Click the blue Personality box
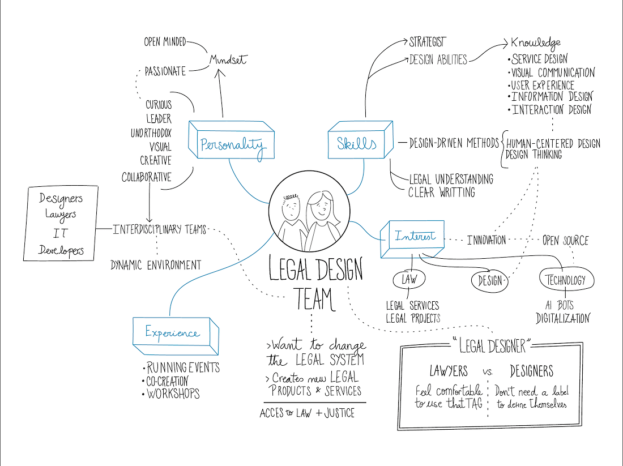231,140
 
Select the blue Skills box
360,140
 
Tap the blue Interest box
412,239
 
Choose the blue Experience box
176,336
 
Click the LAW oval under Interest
409,279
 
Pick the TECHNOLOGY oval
566,280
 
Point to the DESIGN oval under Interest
490,281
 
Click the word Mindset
228,59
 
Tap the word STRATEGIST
428,42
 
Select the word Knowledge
536,42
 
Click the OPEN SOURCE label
565,240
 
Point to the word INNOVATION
487,240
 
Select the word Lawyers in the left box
61,215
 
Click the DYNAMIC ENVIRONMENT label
156,265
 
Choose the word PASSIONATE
165,71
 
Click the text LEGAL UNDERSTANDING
451,179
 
